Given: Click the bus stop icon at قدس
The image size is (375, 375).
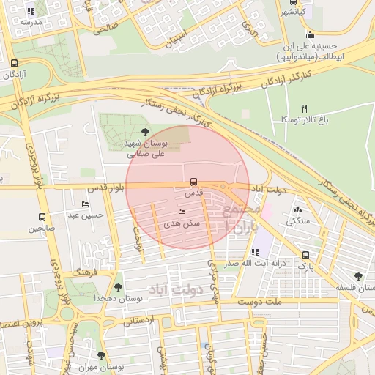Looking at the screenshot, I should click(193, 181).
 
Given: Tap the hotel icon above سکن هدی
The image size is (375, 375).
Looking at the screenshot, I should click(182, 212).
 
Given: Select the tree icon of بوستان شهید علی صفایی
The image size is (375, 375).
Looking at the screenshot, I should click(145, 131).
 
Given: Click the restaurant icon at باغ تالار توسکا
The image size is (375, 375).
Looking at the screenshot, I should click(305, 108).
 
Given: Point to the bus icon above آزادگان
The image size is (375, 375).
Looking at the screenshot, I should click(15, 63).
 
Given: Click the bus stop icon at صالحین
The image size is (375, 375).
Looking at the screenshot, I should click(42, 218).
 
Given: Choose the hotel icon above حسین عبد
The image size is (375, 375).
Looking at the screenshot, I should click(86, 204).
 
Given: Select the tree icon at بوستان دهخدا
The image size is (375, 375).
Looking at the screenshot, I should click(119, 287).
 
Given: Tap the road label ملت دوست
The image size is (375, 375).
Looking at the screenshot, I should click(264, 301).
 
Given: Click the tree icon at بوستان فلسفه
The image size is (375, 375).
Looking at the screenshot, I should click(357, 276).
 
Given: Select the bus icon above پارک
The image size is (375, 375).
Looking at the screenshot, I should click(306, 255).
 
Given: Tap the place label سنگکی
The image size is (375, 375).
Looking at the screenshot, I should click(298, 220).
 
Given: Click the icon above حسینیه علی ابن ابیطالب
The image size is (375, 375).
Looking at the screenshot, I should click(310, 34).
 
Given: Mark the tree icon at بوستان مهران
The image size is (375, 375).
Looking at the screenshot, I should click(102, 355).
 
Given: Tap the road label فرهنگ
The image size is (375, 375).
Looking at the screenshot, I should click(85, 271).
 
